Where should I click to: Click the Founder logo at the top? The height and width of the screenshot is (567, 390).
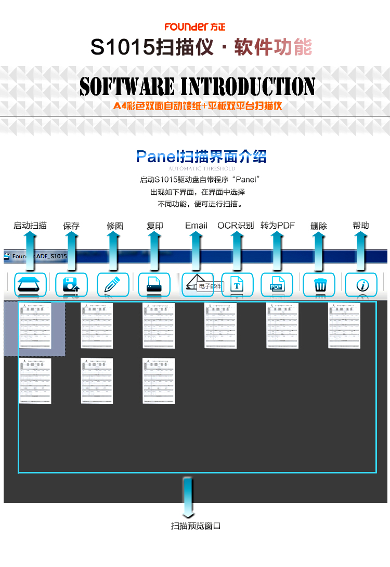click(x=195, y=27)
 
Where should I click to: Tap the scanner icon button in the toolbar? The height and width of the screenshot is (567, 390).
click(x=30, y=284)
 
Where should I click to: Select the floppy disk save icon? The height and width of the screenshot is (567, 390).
click(x=71, y=284)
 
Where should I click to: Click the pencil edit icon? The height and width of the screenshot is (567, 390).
click(x=113, y=284)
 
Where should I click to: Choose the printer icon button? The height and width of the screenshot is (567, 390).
click(x=154, y=284)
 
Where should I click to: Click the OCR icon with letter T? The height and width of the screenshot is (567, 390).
click(x=237, y=284)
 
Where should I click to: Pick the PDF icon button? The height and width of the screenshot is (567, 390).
click(x=277, y=284)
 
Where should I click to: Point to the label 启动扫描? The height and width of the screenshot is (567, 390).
click(x=30, y=226)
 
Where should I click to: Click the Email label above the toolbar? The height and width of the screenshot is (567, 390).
click(x=196, y=226)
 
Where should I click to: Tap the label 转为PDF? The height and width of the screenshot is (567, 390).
click(x=278, y=226)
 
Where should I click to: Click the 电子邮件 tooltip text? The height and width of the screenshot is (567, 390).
click(x=210, y=286)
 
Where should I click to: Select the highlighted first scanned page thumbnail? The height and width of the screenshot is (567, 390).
click(x=35, y=326)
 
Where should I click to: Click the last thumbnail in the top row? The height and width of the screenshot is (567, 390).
click(x=344, y=326)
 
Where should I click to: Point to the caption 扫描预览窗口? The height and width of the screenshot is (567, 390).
click(x=196, y=526)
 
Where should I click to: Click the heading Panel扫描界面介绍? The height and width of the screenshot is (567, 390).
click(x=201, y=156)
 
